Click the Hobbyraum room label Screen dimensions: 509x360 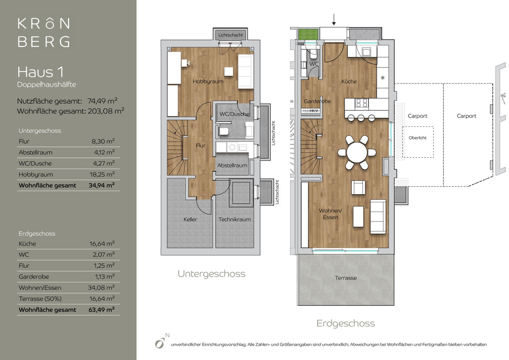tap(208, 81)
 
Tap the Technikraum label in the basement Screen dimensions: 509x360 tap(235, 219)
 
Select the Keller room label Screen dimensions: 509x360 tap(190, 219)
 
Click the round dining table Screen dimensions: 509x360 tap(357, 152)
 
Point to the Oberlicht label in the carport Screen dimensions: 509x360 tap(418, 138)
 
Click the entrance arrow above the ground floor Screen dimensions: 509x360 tap(334, 20)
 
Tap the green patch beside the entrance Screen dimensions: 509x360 tap(308, 34)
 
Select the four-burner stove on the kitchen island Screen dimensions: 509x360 tap(361, 103)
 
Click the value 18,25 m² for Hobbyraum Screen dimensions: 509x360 tap(102, 174)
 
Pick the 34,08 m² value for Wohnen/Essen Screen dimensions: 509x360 tap(101, 287)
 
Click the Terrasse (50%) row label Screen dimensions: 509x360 tap(40, 299)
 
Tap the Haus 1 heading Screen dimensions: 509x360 tap(40, 72)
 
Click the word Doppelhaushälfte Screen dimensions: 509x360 tap(47, 84)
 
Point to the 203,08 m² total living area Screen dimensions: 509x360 tap(106, 111)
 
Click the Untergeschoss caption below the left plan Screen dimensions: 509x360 tap(212, 273)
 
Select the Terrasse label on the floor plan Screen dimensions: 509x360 tap(346, 278)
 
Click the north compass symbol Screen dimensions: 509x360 tap(162, 341)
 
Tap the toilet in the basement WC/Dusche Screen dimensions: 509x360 tap(224, 131)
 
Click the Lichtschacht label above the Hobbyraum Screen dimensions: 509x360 tap(230, 35)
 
